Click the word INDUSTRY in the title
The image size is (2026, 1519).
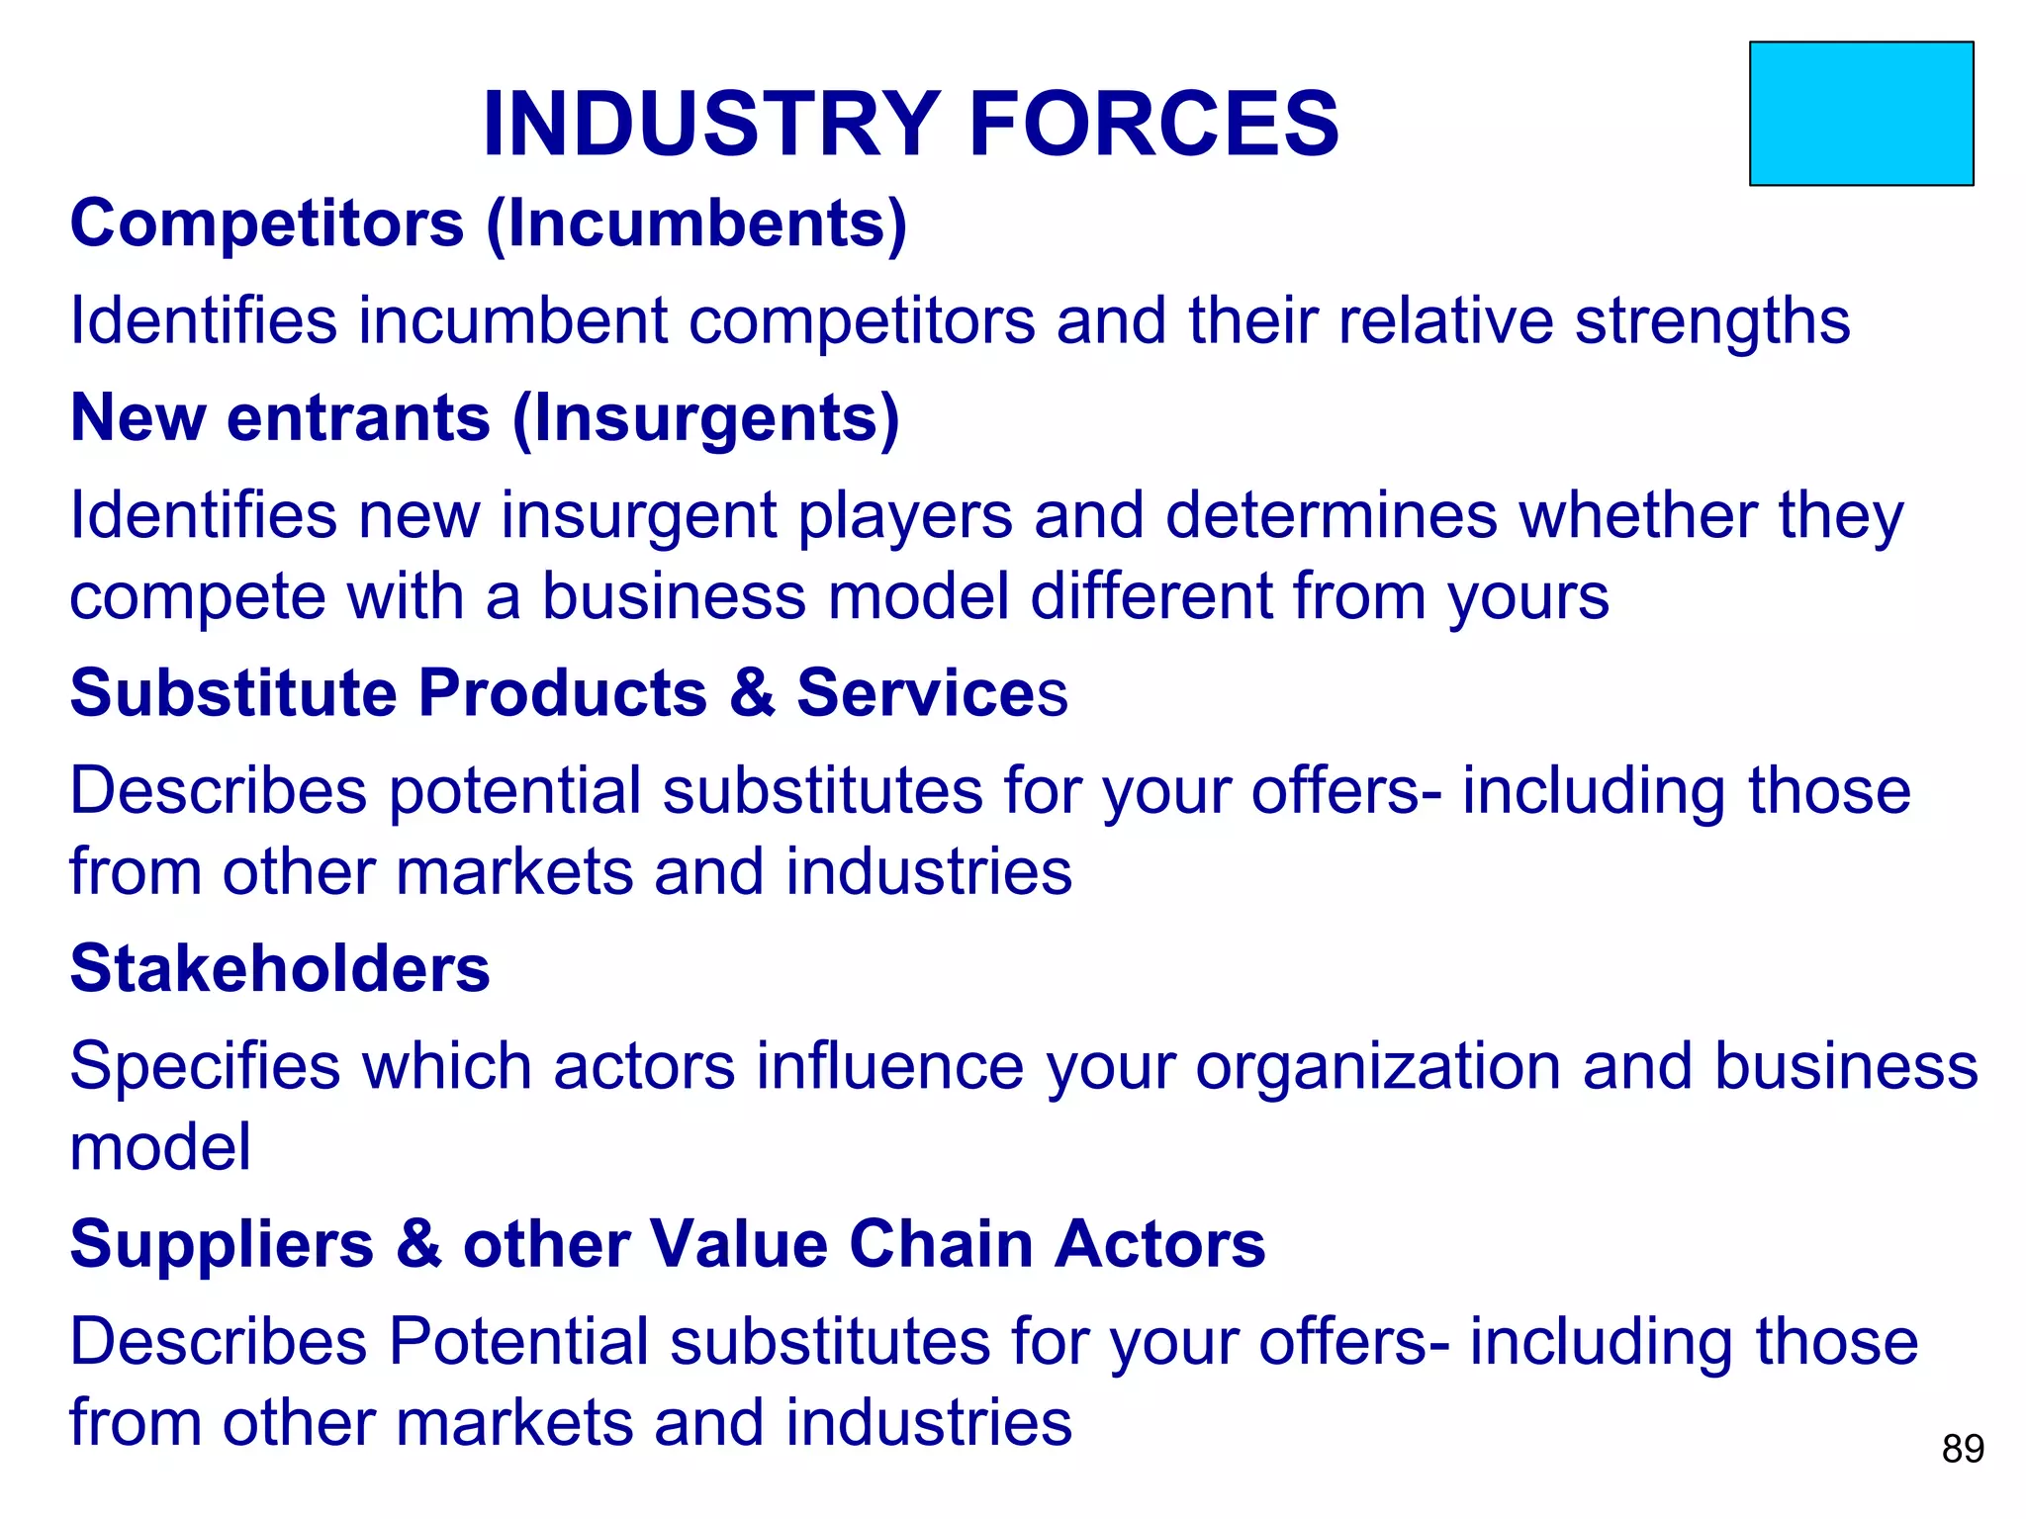(710, 125)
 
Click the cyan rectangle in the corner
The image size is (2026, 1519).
(1861, 114)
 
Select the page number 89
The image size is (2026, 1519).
(1963, 1449)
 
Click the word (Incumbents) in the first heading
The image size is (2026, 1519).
(696, 224)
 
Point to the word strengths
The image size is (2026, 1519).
(1711, 321)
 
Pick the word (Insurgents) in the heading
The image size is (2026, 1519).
(705, 419)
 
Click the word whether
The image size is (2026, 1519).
(1637, 516)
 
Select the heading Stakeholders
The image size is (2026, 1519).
(280, 968)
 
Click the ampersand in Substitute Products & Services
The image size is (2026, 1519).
(752, 692)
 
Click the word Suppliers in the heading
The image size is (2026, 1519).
(222, 1245)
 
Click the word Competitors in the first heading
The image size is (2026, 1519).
(267, 224)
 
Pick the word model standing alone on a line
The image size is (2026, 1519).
(160, 1147)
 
